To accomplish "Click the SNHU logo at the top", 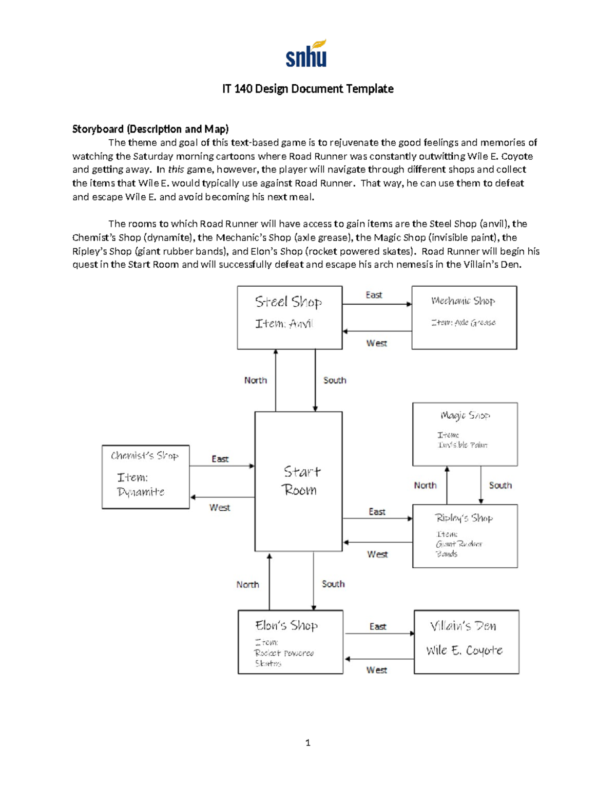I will pyautogui.click(x=306, y=54).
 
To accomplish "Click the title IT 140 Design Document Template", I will pyautogui.click(x=307, y=89).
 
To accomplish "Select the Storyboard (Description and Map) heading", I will pyautogui.click(x=150, y=129).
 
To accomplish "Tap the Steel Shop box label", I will pyautogui.click(x=288, y=302).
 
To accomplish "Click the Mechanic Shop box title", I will pyautogui.click(x=463, y=301).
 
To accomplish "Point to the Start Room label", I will pyautogui.click(x=300, y=480).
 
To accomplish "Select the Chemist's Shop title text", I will pyautogui.click(x=145, y=456).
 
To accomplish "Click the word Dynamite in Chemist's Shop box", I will pyautogui.click(x=141, y=492).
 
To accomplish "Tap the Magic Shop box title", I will pyautogui.click(x=465, y=415).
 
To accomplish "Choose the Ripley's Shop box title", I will pyautogui.click(x=464, y=518).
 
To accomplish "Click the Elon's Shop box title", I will pyautogui.click(x=286, y=625).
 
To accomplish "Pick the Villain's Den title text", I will pyautogui.click(x=463, y=626).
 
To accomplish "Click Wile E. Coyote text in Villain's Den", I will pyautogui.click(x=464, y=651).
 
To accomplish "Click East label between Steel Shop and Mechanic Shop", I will pyautogui.click(x=374, y=295).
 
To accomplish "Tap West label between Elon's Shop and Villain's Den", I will pyautogui.click(x=376, y=670).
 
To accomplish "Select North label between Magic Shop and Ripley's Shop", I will pyautogui.click(x=425, y=485).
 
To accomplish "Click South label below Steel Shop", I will pyautogui.click(x=335, y=380).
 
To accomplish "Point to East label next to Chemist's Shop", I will pyautogui.click(x=220, y=459).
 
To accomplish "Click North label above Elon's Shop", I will pyautogui.click(x=247, y=584).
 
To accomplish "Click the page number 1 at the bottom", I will pyautogui.click(x=307, y=743).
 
